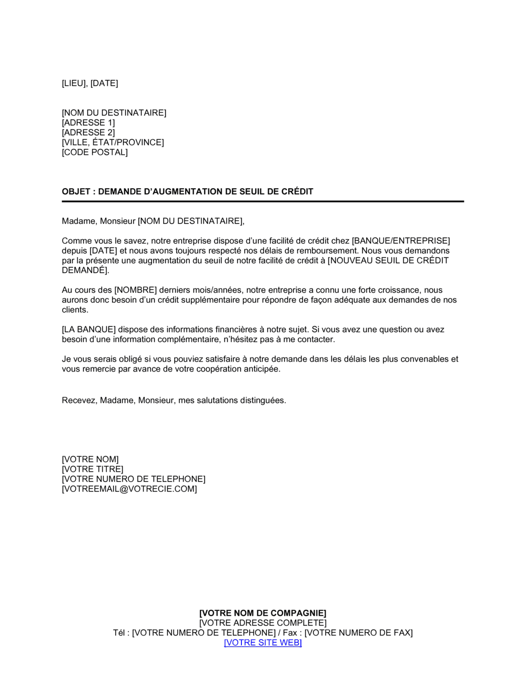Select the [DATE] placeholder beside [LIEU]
(x=104, y=83)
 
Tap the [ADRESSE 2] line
(x=88, y=132)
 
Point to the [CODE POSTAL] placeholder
(x=95, y=152)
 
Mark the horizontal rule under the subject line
(x=263, y=201)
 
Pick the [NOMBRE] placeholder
(x=136, y=290)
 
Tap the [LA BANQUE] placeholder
(x=89, y=330)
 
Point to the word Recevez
(x=79, y=400)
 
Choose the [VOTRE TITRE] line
(x=93, y=469)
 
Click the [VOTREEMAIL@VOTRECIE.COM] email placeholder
(x=129, y=489)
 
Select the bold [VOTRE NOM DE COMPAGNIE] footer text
(x=263, y=613)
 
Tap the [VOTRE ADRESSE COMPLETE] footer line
(x=263, y=623)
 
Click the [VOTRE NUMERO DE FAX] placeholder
(x=359, y=633)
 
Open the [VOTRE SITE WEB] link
(x=263, y=643)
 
